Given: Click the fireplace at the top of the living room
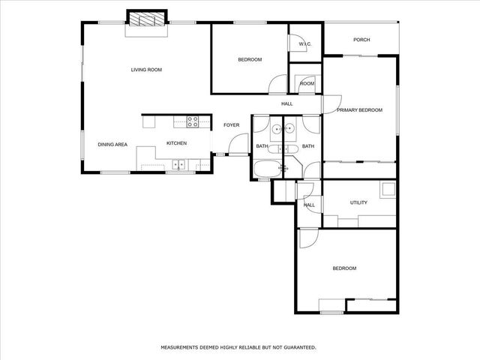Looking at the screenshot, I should click(147, 20).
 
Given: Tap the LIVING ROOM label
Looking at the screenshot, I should click(146, 70).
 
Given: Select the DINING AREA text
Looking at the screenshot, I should click(112, 144).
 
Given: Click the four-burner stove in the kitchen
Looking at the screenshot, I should click(193, 120).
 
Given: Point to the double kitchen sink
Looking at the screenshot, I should click(179, 164).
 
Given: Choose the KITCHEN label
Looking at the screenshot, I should click(176, 144).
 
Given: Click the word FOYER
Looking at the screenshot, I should click(231, 125).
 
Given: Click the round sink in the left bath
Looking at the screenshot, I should click(277, 129).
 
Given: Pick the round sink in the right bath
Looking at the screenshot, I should click(289, 129).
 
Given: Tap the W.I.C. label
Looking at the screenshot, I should click(304, 44).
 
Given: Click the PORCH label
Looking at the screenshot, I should click(361, 40).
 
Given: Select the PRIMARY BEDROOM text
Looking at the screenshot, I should click(359, 110).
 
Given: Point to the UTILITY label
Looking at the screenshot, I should click(358, 202).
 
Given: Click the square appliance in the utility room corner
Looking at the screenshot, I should click(388, 189).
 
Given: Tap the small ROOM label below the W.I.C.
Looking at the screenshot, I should click(307, 83).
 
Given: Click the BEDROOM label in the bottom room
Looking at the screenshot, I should click(344, 268).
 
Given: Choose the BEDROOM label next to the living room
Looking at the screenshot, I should click(250, 59).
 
